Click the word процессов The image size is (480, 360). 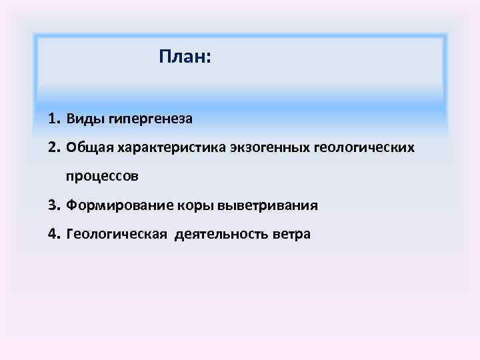tap(102, 177)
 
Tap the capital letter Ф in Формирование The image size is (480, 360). tap(71, 205)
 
